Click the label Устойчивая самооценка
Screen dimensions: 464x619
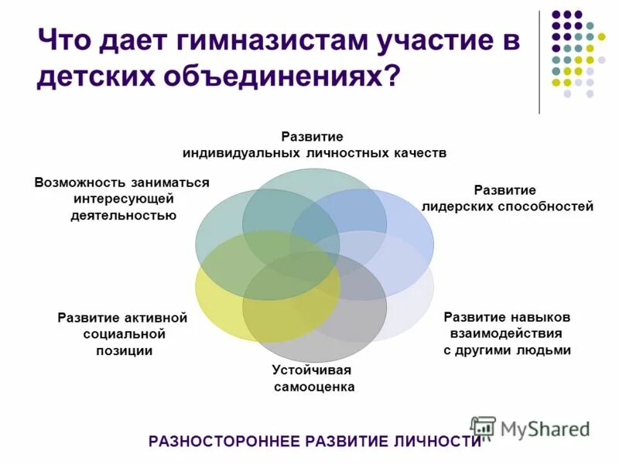313,377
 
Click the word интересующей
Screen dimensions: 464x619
122,199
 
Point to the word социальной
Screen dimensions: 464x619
125,333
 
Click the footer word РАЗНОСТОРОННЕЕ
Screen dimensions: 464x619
224,442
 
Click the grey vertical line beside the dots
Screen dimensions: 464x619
539,62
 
